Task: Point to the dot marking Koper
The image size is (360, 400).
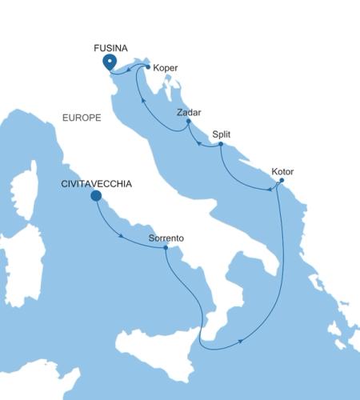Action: [148, 67]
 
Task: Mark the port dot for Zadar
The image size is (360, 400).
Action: [188, 122]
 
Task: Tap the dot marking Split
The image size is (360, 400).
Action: [221, 144]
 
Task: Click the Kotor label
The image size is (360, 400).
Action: [282, 171]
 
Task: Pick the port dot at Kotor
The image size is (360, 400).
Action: [280, 182]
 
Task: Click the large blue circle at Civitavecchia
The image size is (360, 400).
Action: [96, 195]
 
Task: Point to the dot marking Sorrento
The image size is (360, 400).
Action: [165, 248]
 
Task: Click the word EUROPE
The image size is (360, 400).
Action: [81, 118]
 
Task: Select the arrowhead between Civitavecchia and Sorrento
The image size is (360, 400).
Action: [120, 236]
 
